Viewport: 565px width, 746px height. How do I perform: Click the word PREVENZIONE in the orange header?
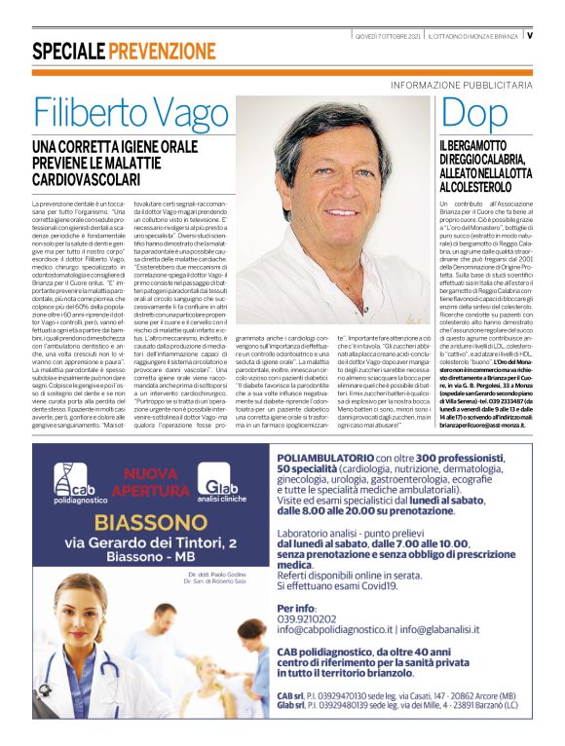[x=163, y=52]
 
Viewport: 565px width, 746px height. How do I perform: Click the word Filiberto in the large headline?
[x=97, y=115]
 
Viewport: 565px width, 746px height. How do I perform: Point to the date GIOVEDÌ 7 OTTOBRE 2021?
[x=388, y=36]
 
